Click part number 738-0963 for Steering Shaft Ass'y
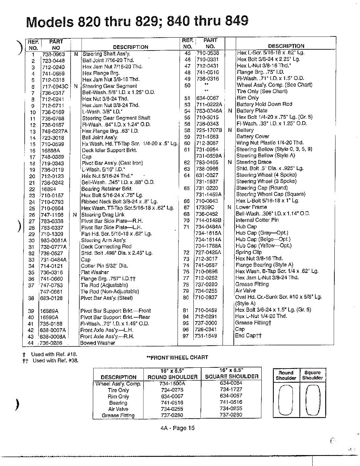53,54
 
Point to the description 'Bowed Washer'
97,343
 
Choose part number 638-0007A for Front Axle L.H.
53,330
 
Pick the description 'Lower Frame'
251,207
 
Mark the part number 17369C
205,207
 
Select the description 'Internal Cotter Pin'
257,220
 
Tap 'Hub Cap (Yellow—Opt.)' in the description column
263,245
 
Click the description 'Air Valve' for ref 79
245,290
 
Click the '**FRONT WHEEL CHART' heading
177,357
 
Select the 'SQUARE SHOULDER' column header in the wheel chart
231,376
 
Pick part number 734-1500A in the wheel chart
172,383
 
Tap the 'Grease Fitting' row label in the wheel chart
118,415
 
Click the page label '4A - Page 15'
177,428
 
